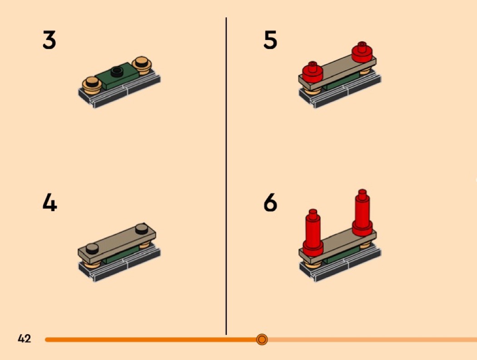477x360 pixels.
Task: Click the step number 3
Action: [49, 40]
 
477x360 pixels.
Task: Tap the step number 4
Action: [50, 203]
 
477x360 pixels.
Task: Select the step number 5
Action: [270, 40]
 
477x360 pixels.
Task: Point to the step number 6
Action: [270, 203]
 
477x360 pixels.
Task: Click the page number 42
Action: [25, 339]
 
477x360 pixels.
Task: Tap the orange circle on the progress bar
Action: [262, 339]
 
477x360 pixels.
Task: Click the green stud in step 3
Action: [117, 72]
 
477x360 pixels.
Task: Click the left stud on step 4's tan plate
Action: [92, 248]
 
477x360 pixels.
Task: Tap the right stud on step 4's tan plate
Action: [141, 229]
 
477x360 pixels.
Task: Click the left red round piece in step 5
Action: [313, 72]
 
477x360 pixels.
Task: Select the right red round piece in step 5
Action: [362, 52]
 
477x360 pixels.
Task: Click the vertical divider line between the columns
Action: [226, 176]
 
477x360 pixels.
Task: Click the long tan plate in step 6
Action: [338, 246]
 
